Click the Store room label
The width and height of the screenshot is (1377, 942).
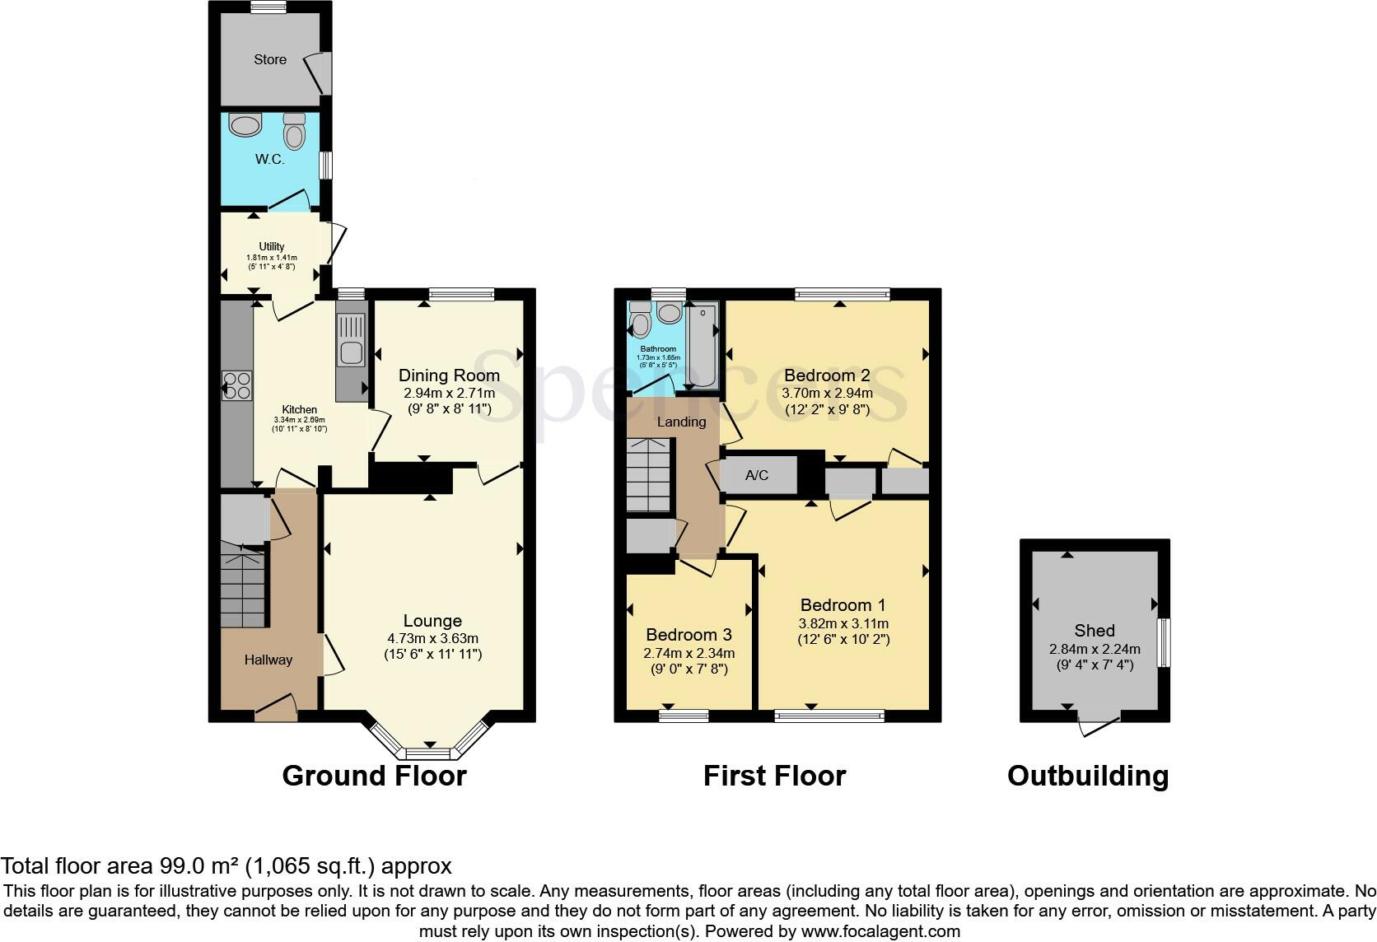click(270, 59)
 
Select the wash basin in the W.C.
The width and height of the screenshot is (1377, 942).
click(245, 125)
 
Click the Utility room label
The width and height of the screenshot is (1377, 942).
click(272, 246)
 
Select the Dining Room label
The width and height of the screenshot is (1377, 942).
click(449, 375)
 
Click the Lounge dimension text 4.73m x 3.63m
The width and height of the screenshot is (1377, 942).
click(432, 638)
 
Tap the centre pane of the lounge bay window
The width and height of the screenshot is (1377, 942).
click(427, 753)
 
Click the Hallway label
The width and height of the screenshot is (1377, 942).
click(268, 660)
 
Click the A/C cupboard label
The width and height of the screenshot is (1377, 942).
click(756, 475)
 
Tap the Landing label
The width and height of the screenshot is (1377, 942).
click(681, 422)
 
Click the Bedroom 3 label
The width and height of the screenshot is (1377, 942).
click(688, 635)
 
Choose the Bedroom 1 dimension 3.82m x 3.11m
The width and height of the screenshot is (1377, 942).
click(843, 623)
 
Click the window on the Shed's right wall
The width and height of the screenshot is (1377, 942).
click(1164, 642)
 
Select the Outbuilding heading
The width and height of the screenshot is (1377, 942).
click(1087, 776)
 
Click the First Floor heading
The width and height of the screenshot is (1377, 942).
click(774, 776)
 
